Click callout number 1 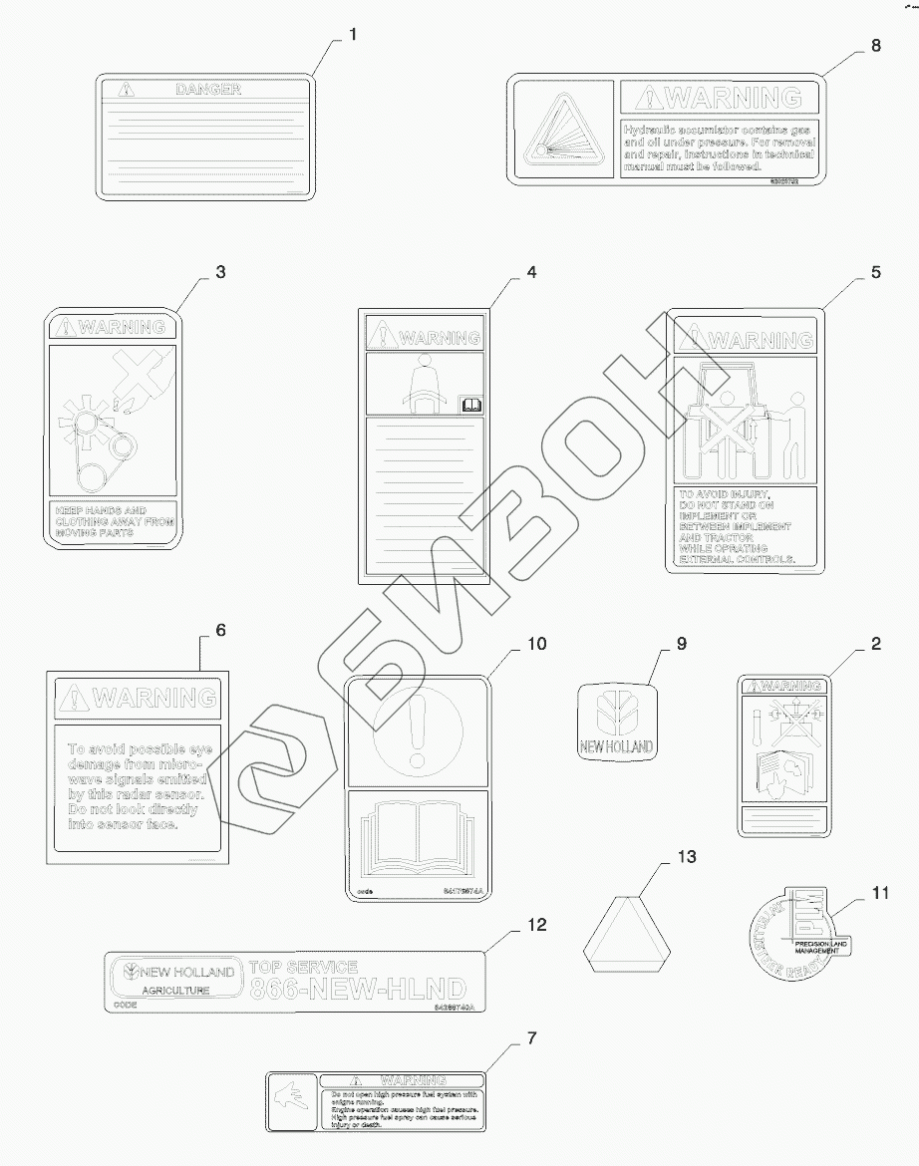[x=353, y=34]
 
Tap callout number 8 [x=876, y=45]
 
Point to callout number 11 [x=878, y=892]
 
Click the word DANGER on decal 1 [x=208, y=90]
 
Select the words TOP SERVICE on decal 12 [x=302, y=967]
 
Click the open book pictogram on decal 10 [x=417, y=836]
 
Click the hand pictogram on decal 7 [x=291, y=1101]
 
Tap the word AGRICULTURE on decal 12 [x=175, y=991]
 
